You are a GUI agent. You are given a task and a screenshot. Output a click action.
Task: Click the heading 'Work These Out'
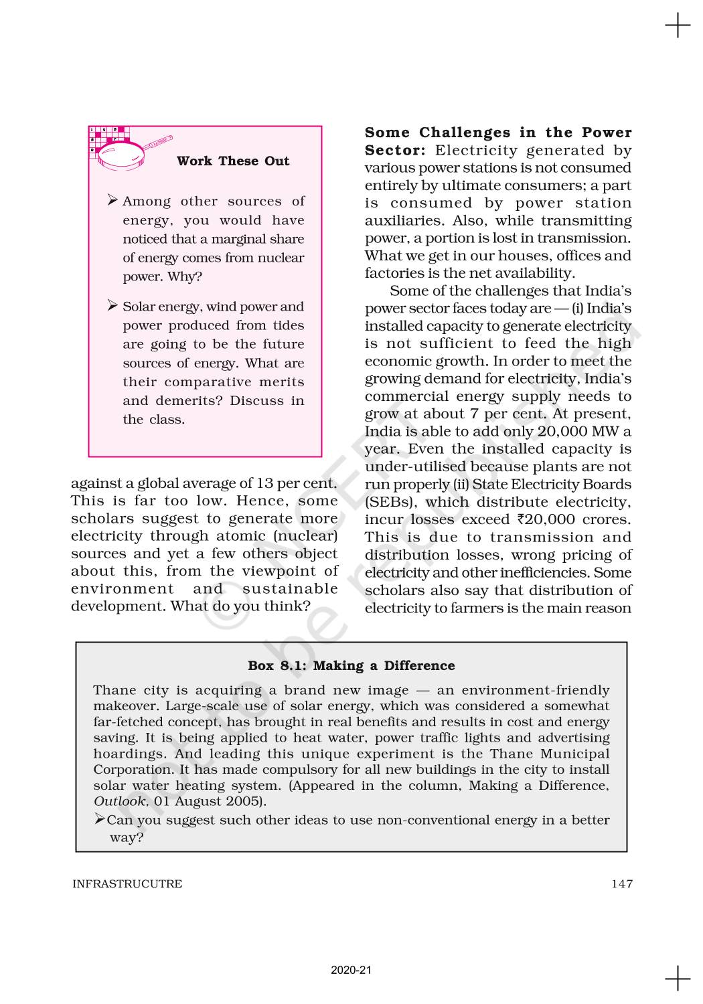tap(233, 161)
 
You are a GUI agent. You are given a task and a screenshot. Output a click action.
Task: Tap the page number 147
tap(621, 884)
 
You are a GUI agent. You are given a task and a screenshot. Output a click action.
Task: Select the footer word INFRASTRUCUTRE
tap(127, 884)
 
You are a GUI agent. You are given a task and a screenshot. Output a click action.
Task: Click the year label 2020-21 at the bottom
tap(351, 970)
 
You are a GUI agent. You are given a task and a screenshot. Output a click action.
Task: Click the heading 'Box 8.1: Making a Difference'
tap(351, 665)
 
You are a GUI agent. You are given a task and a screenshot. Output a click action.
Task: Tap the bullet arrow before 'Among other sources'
tap(112, 200)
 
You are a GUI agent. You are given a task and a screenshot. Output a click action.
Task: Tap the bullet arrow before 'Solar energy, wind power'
tap(112, 306)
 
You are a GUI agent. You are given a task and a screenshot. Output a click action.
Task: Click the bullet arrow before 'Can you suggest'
tap(100, 819)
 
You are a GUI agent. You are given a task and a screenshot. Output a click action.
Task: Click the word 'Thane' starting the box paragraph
tap(112, 690)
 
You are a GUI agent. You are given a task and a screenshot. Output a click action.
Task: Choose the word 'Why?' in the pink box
tap(185, 276)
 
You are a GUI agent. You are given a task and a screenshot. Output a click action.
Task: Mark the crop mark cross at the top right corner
tap(678, 26)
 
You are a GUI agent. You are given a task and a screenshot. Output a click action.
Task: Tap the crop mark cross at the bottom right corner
tap(678, 978)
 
